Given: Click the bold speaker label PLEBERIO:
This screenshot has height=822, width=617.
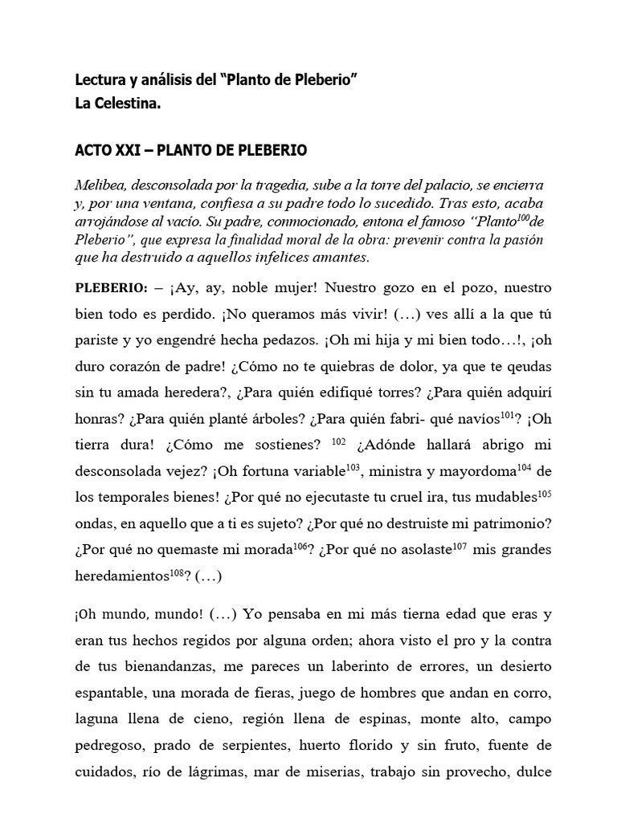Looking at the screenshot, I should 112,288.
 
